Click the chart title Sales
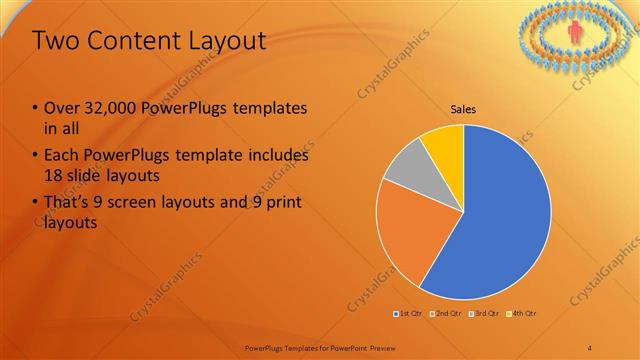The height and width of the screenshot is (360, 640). tap(463, 110)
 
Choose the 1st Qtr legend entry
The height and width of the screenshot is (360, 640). tap(408, 315)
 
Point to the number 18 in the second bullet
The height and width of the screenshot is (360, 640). tap(56, 177)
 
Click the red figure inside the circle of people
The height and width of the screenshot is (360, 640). tap(574, 33)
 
